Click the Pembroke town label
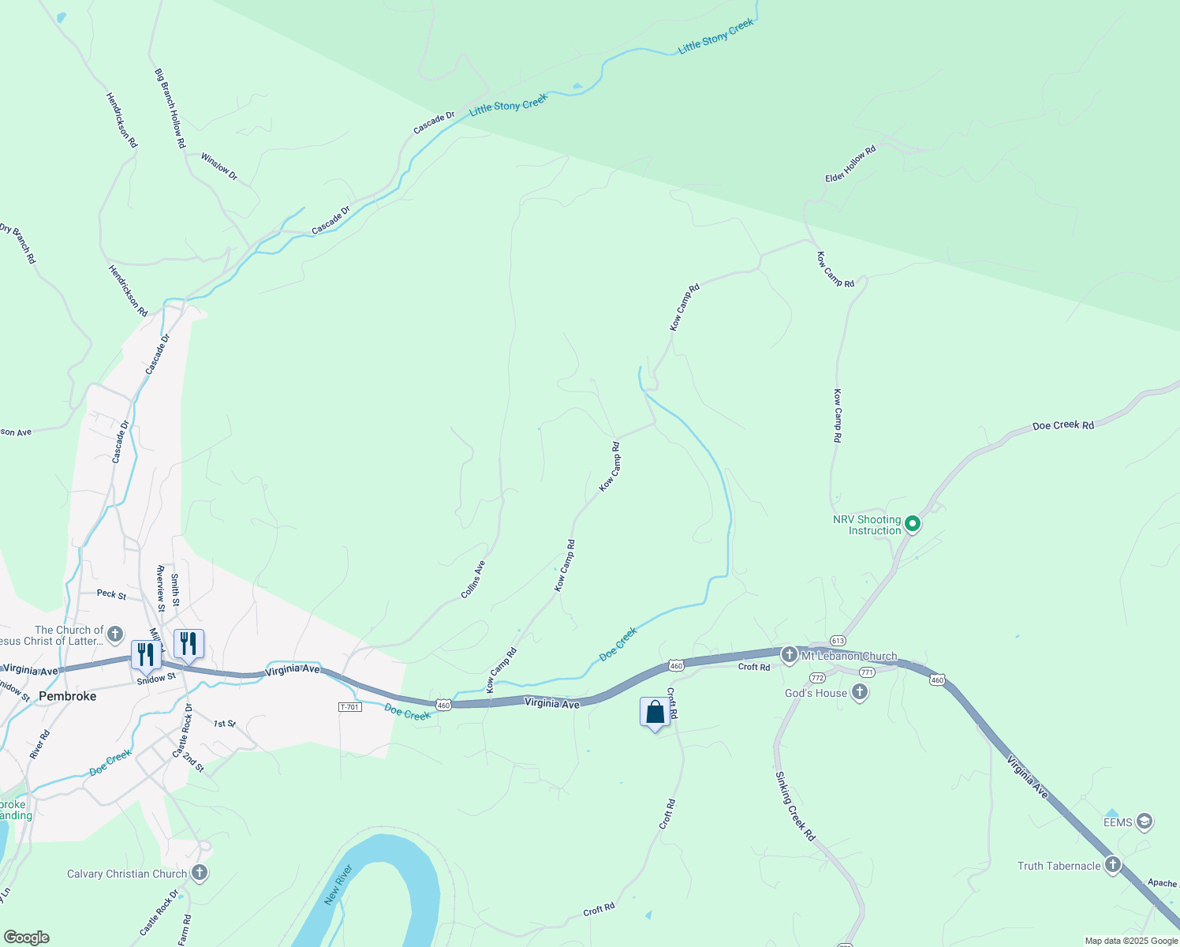(x=68, y=696)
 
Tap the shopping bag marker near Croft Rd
(x=655, y=713)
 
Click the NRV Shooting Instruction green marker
(x=913, y=523)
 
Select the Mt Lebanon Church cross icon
(x=789, y=655)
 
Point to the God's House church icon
(x=860, y=693)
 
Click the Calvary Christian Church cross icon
(x=200, y=873)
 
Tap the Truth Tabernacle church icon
(x=1113, y=865)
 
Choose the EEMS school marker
(x=1145, y=822)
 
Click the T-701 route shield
(x=349, y=706)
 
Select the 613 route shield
(x=838, y=641)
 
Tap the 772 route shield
(x=817, y=678)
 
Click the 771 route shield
(x=867, y=672)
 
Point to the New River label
(x=338, y=885)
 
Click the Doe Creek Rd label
(x=1062, y=425)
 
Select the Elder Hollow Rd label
(x=850, y=164)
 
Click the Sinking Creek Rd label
(x=794, y=806)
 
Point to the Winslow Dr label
(x=218, y=166)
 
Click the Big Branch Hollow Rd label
(x=170, y=108)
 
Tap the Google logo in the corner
(x=26, y=938)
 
